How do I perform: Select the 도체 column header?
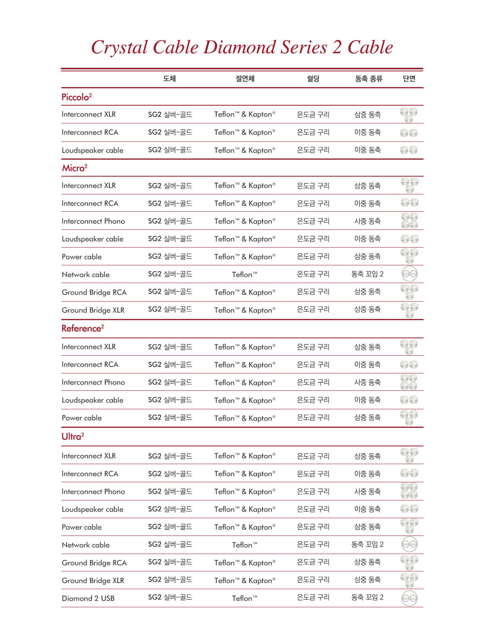click(169, 79)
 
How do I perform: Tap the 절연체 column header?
click(245, 79)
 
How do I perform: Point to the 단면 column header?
click(409, 79)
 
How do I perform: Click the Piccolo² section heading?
click(77, 97)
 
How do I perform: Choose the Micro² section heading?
click(75, 168)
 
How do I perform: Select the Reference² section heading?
click(83, 328)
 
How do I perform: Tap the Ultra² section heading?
click(73, 436)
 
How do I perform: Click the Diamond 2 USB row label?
click(88, 598)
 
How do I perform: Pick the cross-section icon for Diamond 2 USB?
click(409, 598)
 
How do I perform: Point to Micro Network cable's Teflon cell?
click(244, 275)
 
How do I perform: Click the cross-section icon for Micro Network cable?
click(409, 274)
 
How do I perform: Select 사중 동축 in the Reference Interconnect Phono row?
click(367, 382)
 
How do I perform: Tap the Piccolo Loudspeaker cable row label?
click(92, 150)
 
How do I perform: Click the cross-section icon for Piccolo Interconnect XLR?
click(409, 115)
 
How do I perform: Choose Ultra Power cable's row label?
click(81, 527)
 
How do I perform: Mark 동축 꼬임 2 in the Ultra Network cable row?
click(367, 545)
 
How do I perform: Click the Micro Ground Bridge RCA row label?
click(94, 292)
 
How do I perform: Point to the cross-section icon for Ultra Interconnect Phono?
click(409, 491)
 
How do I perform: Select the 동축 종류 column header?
click(368, 79)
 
